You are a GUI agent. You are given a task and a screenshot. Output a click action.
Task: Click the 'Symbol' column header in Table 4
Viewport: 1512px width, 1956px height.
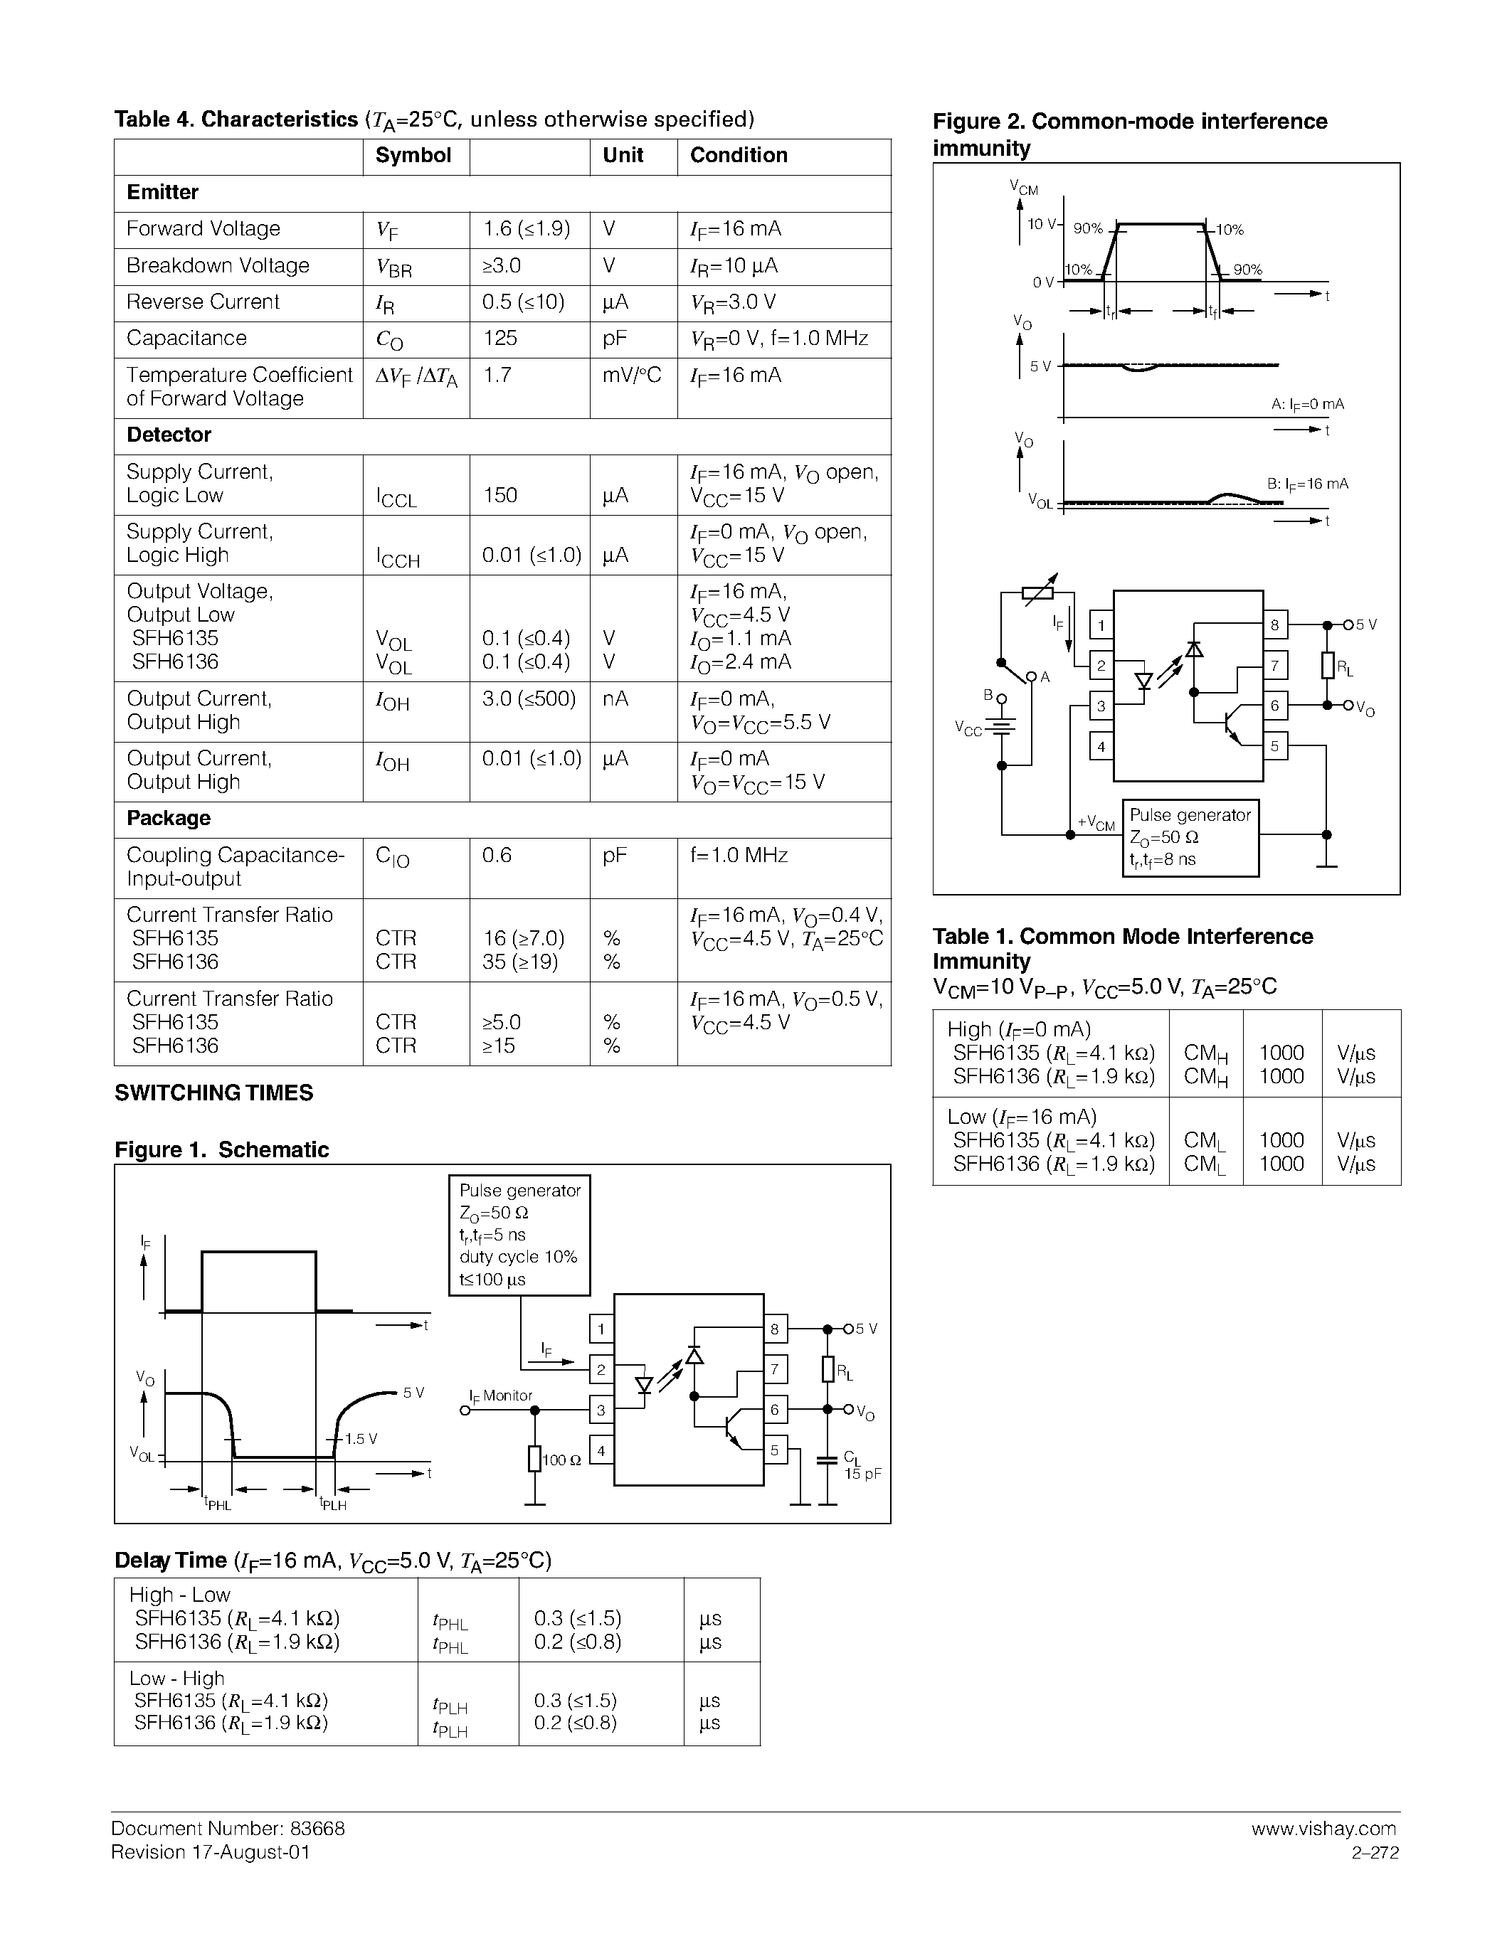coord(413,156)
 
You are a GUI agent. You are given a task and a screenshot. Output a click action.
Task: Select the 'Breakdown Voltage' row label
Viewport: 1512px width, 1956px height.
coord(218,266)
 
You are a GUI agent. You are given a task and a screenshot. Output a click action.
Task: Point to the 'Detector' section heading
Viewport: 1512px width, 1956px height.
coord(169,435)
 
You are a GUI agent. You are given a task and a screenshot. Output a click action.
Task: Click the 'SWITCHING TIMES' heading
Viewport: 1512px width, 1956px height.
coord(214,1093)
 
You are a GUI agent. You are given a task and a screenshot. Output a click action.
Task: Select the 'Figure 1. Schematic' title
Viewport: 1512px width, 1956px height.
coord(221,1150)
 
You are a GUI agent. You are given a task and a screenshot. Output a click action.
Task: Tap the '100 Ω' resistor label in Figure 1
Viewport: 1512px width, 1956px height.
coord(563,1460)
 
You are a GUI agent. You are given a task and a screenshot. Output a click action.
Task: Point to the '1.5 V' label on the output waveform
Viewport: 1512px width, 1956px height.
coord(361,1439)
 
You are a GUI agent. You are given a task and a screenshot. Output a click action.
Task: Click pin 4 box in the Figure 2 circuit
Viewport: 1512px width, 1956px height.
coord(1101,746)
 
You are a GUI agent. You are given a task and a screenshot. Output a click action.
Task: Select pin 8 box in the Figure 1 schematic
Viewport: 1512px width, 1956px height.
coord(775,1330)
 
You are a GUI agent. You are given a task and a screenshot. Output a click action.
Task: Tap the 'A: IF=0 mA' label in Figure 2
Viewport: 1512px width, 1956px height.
coord(1307,405)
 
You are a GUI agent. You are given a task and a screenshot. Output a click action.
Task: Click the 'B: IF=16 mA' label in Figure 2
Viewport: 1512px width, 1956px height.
coord(1307,484)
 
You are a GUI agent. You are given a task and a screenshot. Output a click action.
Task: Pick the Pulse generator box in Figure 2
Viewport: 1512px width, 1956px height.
coord(1190,837)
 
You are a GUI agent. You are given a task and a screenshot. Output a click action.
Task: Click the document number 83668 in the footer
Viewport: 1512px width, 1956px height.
coord(315,1829)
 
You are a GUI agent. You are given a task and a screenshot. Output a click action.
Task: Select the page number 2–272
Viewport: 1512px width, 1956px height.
coord(1375,1853)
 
